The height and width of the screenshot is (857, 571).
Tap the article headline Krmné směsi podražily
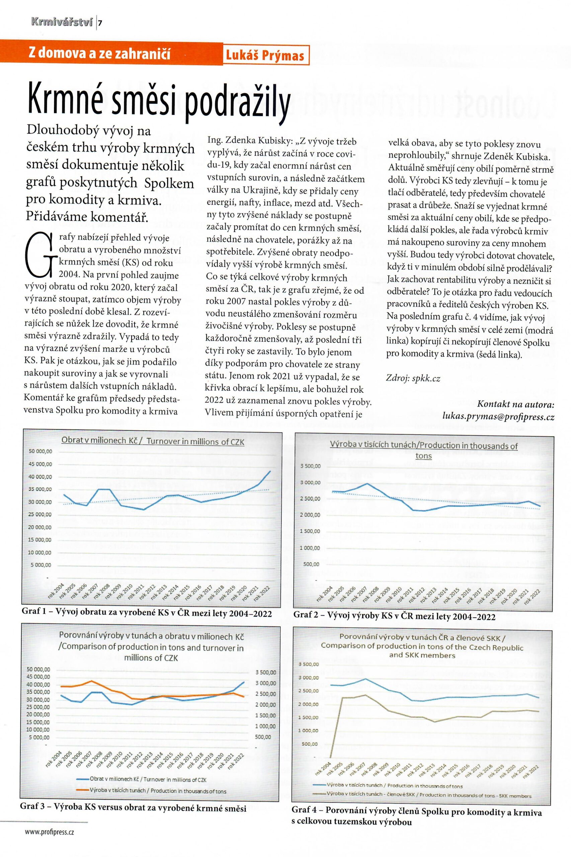pyautogui.click(x=159, y=103)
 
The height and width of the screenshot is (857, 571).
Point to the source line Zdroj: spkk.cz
pyautogui.click(x=413, y=378)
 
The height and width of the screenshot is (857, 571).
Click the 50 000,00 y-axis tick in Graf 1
pyautogui.click(x=40, y=451)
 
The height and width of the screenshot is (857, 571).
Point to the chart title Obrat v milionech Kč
pyautogui.click(x=153, y=442)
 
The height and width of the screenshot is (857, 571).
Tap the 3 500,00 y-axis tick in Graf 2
pyautogui.click(x=310, y=466)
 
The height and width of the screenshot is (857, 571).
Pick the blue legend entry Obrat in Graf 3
pyautogui.click(x=142, y=780)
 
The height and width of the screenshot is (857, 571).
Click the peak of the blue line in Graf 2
pyautogui.click(x=367, y=484)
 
